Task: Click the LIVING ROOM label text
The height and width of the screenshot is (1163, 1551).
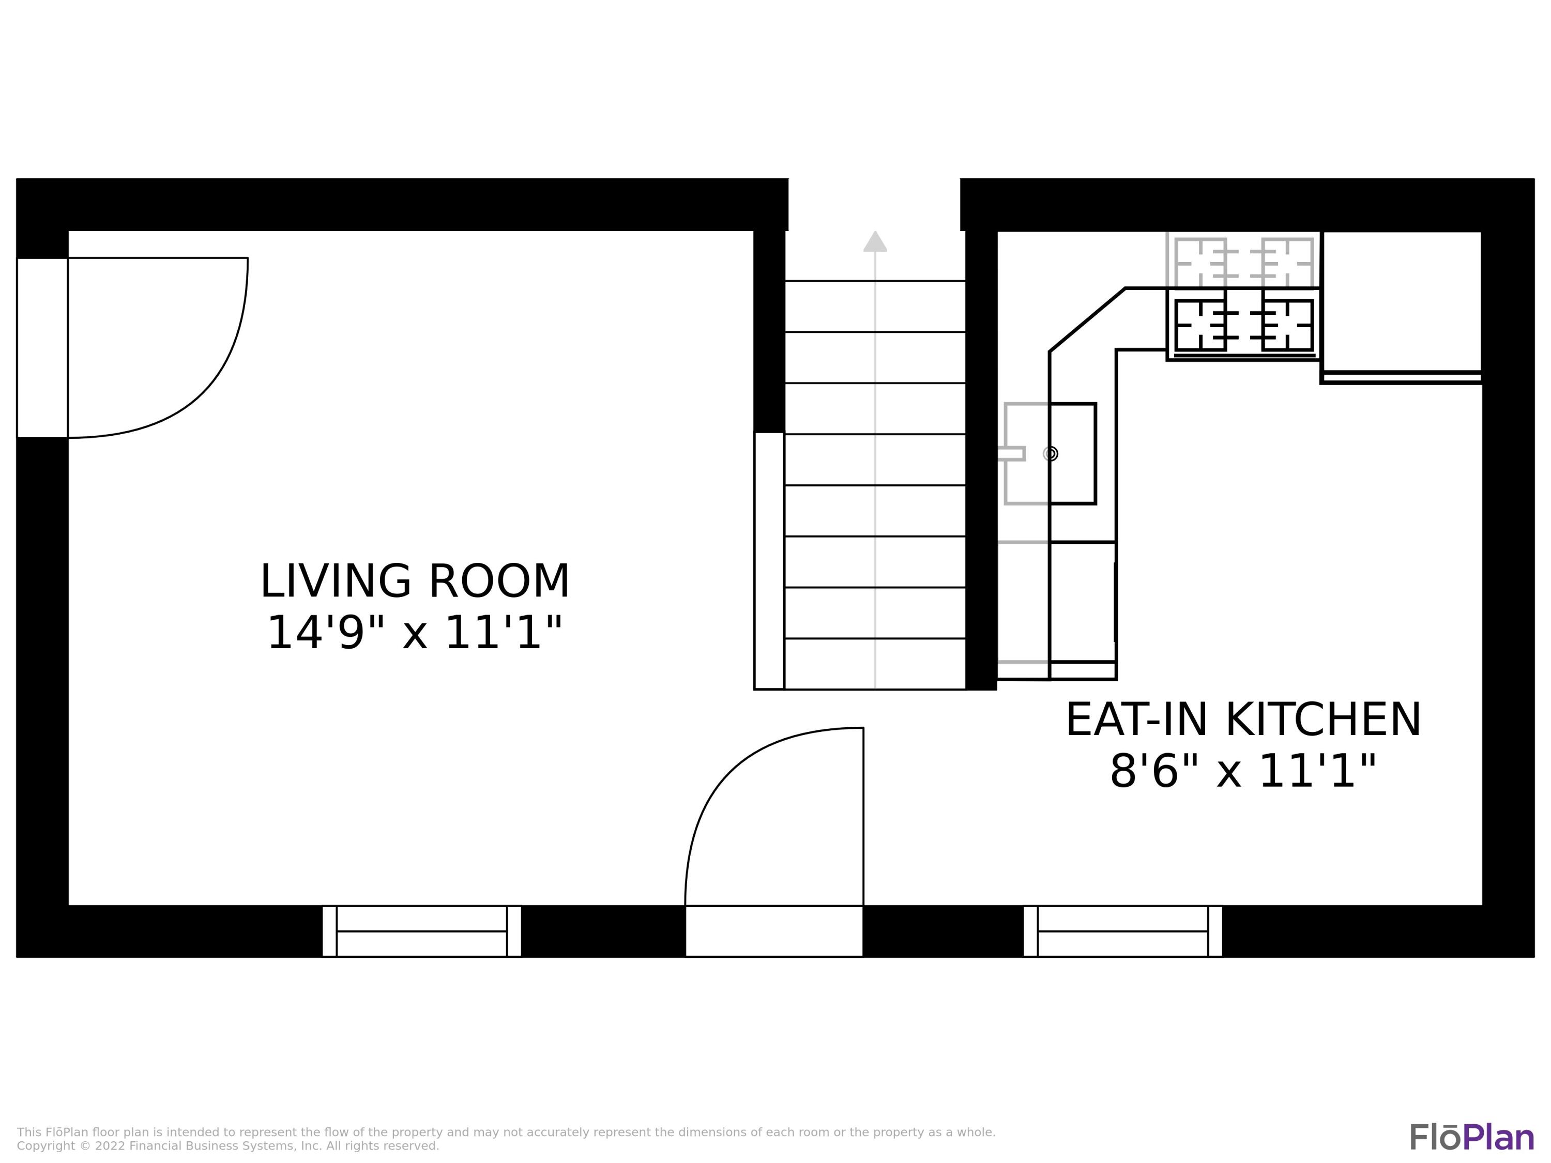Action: (x=415, y=582)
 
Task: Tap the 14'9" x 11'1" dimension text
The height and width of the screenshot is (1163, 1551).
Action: (x=415, y=633)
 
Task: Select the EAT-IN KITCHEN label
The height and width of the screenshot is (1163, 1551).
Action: (x=1243, y=720)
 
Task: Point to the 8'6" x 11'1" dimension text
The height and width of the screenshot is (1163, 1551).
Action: (x=1243, y=772)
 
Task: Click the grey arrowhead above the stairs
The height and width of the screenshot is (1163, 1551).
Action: (x=875, y=241)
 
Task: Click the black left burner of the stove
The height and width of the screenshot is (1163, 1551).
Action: (x=1200, y=325)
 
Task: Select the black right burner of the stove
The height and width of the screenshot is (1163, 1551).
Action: (x=1287, y=325)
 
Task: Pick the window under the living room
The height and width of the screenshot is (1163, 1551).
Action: (x=421, y=931)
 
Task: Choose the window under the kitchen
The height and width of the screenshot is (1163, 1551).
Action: (x=1122, y=931)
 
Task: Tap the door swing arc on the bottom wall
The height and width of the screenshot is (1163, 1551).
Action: (x=729, y=771)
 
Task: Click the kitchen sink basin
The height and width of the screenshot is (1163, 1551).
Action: (x=1073, y=453)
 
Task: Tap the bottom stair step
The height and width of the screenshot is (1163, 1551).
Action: (x=875, y=663)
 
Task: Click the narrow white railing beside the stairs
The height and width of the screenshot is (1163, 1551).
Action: (x=769, y=561)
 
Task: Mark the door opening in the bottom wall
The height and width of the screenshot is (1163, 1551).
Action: (x=774, y=931)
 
